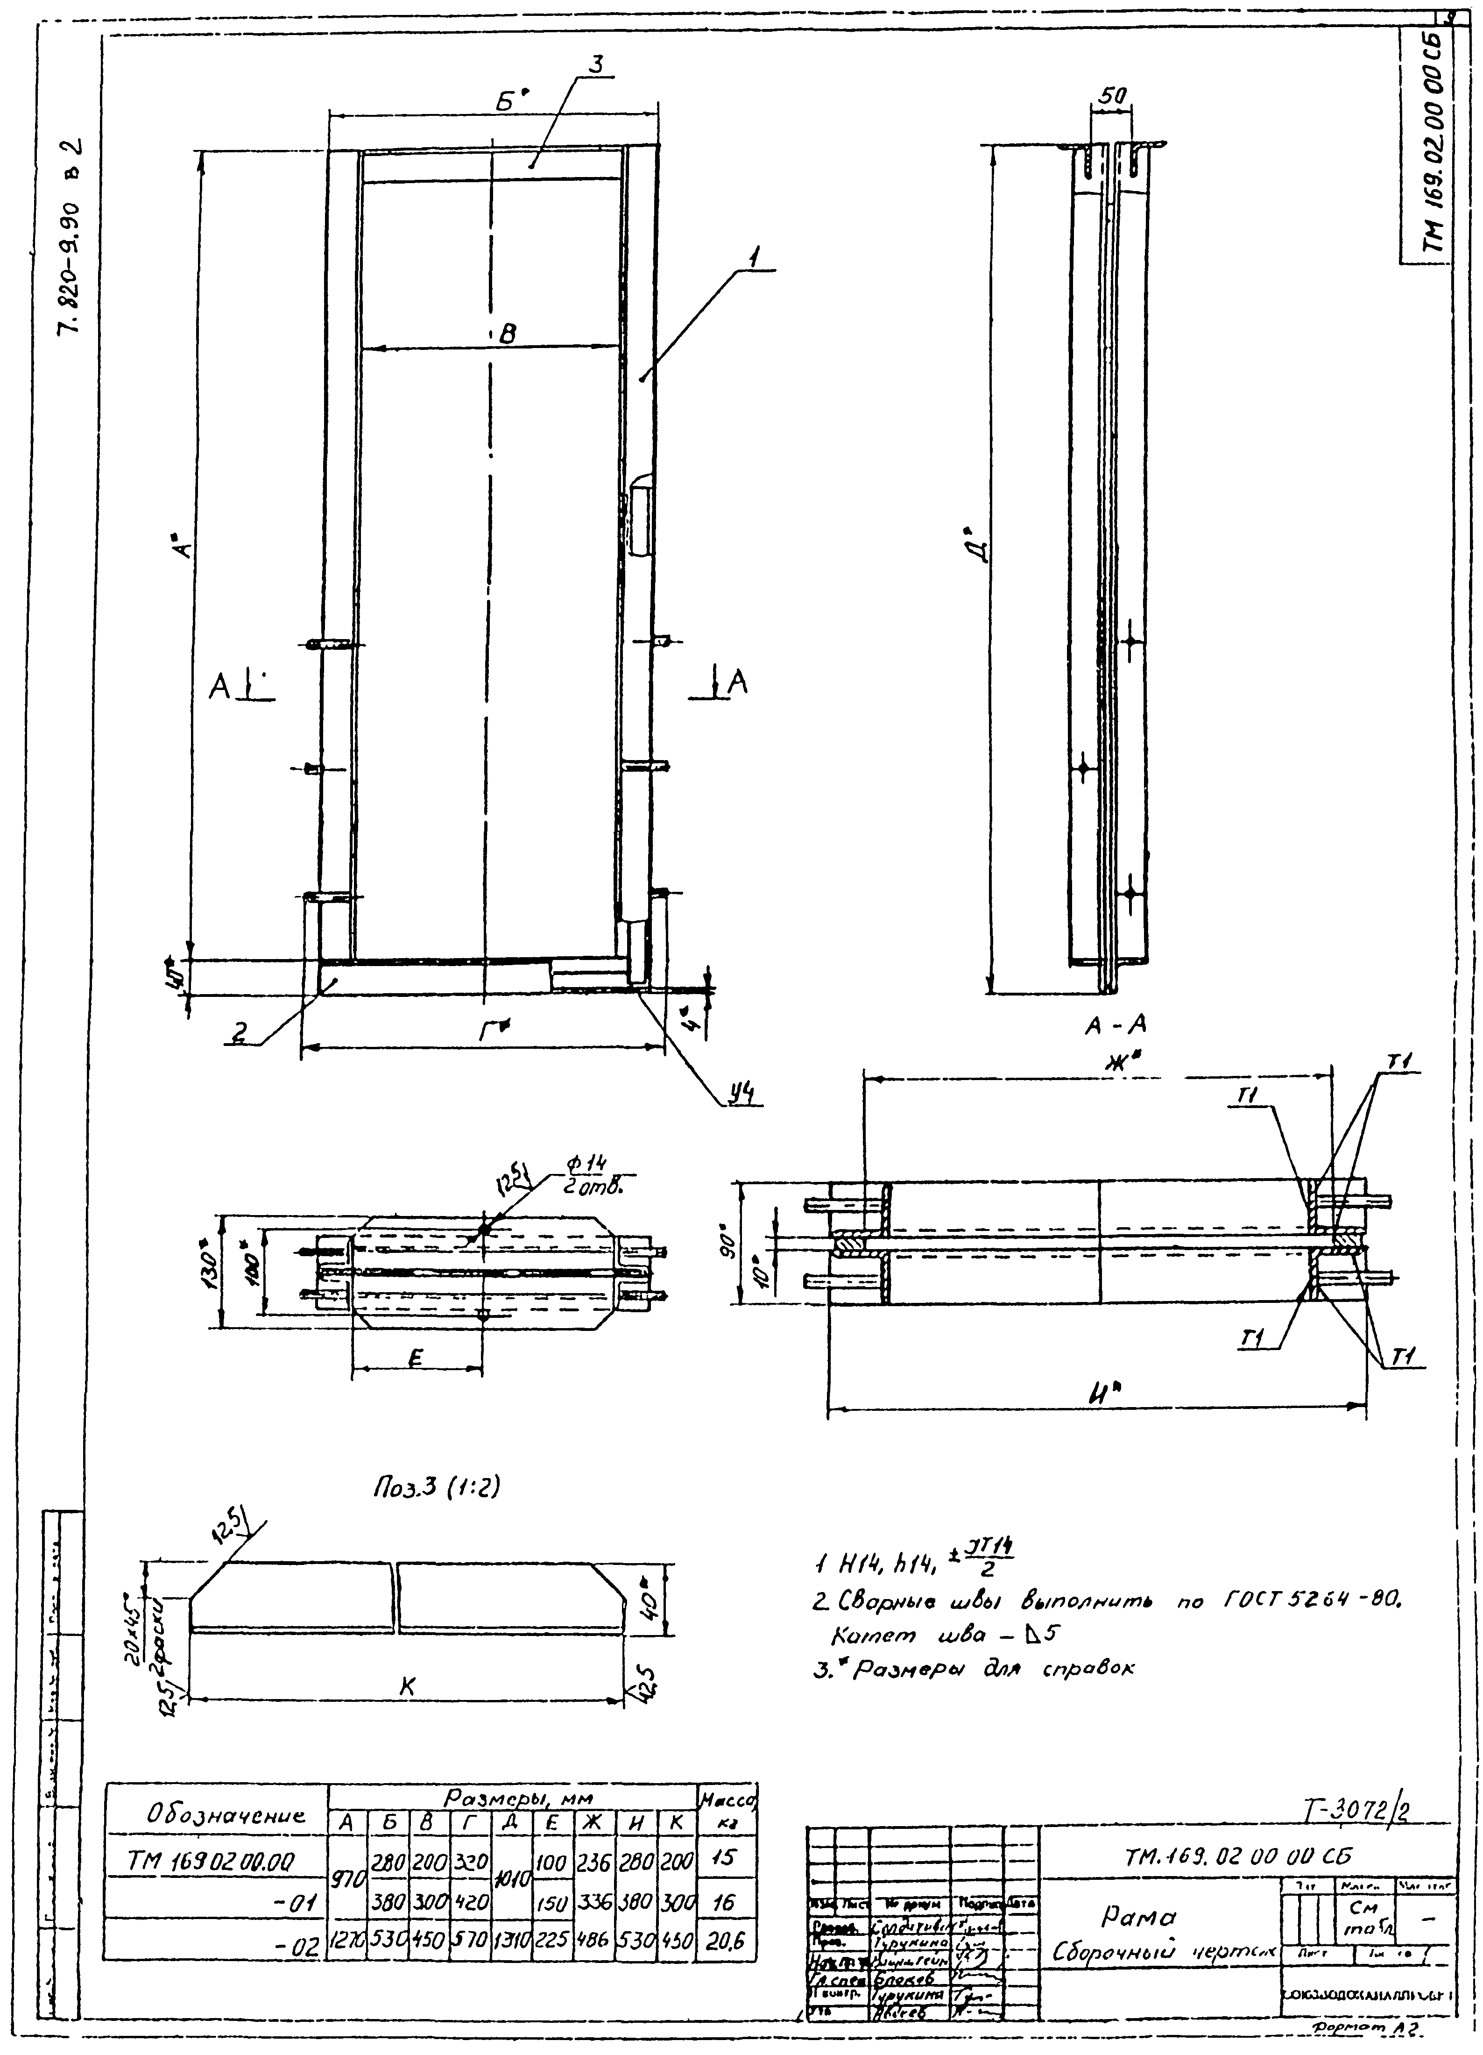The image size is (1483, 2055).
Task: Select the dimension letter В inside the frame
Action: tap(507, 334)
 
